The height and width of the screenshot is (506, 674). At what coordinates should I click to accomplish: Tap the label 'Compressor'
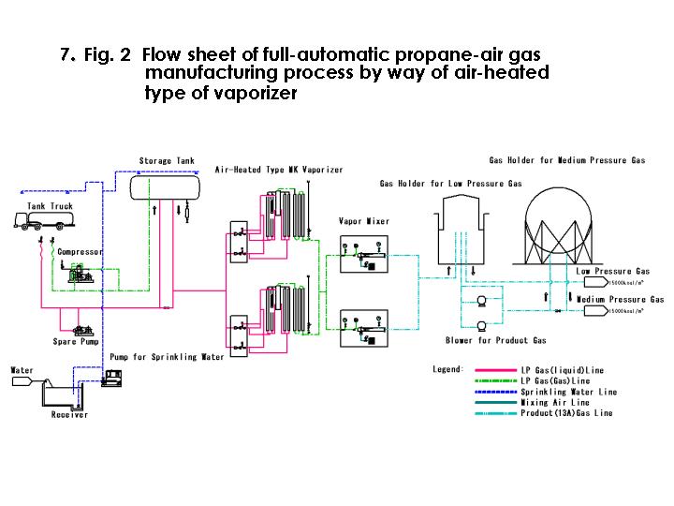pos(80,252)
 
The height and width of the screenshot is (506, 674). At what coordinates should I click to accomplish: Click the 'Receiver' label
pos(69,415)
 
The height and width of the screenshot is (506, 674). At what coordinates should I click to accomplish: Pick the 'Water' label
pos(22,370)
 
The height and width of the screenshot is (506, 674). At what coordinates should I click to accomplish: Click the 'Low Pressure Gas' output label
pos(612,271)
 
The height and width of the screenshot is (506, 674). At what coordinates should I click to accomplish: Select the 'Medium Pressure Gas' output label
pos(620,299)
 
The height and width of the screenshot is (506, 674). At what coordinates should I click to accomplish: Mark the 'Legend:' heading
pos(447,369)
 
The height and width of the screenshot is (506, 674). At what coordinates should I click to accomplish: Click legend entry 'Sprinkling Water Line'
pos(568,392)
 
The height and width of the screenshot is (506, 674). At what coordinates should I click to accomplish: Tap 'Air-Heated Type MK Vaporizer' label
pos(279,170)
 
